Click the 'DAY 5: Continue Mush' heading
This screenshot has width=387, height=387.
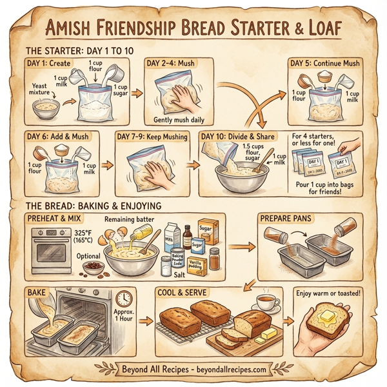point(325,63)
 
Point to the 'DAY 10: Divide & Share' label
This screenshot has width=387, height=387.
point(238,137)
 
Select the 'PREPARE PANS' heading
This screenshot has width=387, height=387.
point(288,219)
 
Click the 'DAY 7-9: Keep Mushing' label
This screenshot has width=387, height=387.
point(153,137)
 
